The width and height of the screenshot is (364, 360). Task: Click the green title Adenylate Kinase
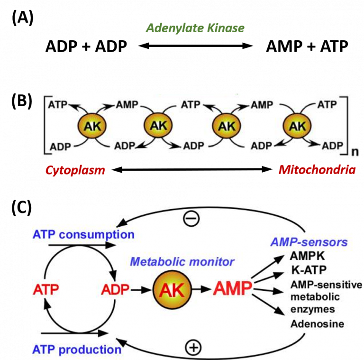[x=195, y=28]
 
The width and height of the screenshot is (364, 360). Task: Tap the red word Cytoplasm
[x=75, y=170]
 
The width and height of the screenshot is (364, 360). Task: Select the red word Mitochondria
[x=317, y=170]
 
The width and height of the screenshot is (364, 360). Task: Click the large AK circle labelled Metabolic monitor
[x=171, y=289]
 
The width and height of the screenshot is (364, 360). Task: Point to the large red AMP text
[x=232, y=288]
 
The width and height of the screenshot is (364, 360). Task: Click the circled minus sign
[x=191, y=218]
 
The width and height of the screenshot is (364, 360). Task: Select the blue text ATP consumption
[x=83, y=234]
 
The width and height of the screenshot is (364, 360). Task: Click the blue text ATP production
[x=77, y=350]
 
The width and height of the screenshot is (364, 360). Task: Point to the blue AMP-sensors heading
[x=309, y=242]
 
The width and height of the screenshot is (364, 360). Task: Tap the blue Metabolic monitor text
[x=182, y=261]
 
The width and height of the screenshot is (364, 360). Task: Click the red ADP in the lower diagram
[x=115, y=289]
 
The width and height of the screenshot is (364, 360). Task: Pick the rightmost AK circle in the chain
[x=297, y=127]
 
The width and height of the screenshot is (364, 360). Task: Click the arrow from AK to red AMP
[x=200, y=289]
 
